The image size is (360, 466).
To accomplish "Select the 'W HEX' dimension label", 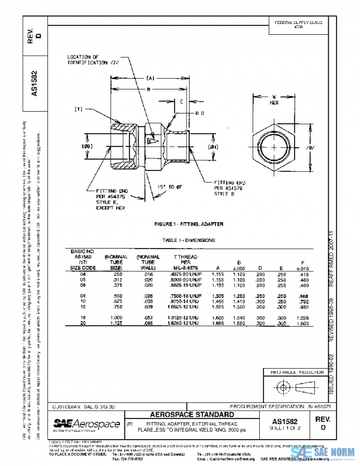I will tap(274, 99).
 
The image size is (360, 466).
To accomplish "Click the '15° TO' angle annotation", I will tap(166, 187).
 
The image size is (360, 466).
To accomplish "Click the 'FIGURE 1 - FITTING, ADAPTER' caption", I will tap(188, 224).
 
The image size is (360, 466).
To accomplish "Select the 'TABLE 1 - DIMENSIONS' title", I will tap(188, 240).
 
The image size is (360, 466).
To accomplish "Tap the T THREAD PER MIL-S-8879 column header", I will tap(185, 261).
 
